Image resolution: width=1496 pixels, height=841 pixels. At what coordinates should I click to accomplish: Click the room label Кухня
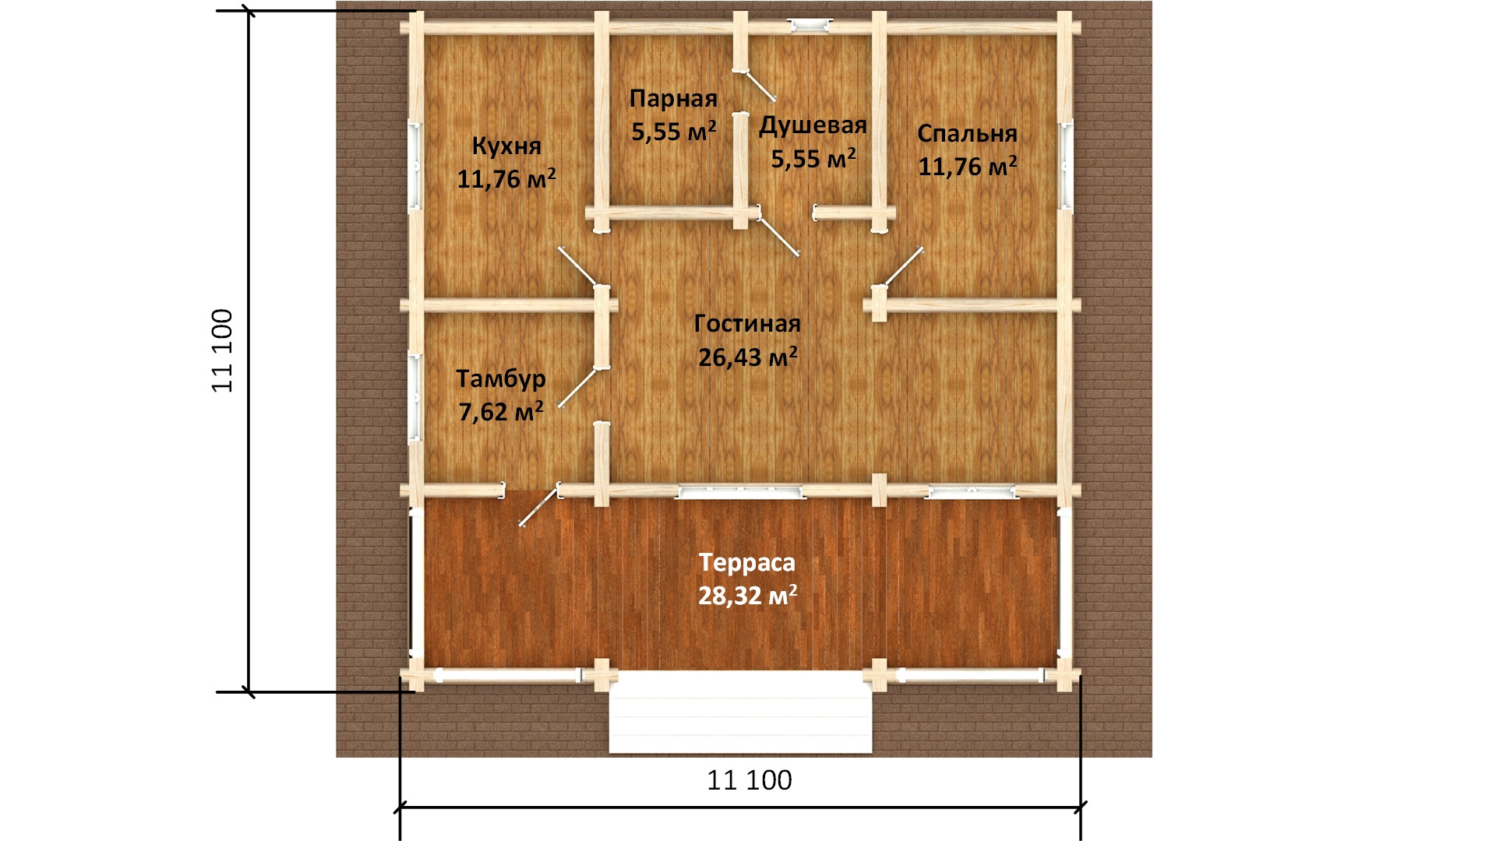click(x=506, y=146)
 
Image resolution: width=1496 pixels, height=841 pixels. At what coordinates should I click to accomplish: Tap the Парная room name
click(x=673, y=99)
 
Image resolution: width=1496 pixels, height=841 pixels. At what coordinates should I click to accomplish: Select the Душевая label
click(x=813, y=126)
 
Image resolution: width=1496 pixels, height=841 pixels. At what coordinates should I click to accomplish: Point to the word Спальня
click(x=967, y=133)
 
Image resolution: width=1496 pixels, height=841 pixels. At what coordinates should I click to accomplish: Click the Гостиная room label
click(x=747, y=323)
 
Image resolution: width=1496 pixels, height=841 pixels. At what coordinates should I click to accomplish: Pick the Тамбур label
click(x=501, y=379)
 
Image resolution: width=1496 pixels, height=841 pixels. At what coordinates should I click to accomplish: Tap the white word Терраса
click(x=747, y=562)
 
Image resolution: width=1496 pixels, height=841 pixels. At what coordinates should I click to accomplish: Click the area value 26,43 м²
click(x=747, y=357)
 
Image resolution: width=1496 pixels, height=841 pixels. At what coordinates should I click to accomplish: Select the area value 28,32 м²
click(x=747, y=596)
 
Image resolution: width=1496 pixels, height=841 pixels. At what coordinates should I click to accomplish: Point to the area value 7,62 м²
click(x=501, y=411)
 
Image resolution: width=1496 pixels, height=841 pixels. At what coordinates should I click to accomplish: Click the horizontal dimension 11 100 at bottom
click(x=750, y=779)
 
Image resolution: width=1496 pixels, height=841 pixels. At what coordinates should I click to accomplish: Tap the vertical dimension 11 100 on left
click(x=223, y=350)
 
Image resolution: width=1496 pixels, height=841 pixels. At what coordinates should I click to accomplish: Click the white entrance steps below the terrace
click(x=740, y=714)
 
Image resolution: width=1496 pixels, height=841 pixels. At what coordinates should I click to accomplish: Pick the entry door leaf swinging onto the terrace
click(x=539, y=505)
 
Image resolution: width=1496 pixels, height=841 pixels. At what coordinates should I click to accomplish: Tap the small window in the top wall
click(x=810, y=26)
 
